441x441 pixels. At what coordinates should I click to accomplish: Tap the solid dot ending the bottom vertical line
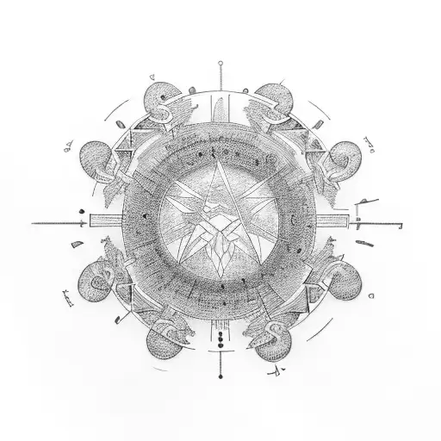coord(221,379)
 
